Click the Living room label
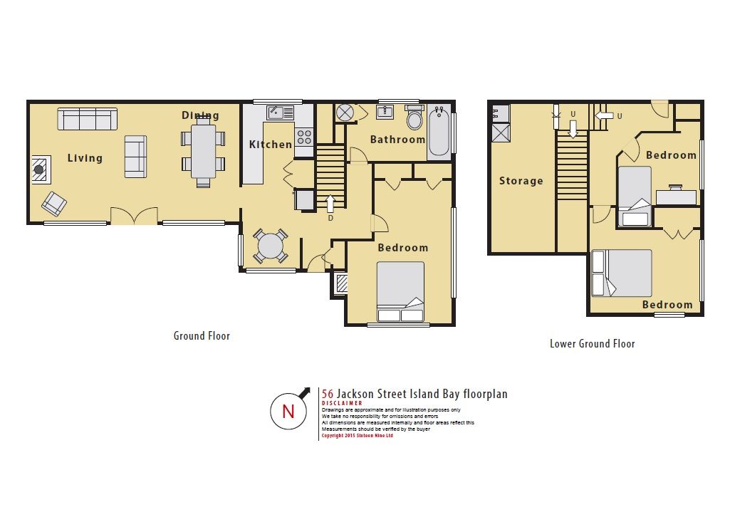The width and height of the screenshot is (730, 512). [85, 158]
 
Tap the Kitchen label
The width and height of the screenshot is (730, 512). [271, 145]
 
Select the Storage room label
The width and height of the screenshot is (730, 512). [521, 181]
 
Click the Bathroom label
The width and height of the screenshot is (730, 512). [397, 139]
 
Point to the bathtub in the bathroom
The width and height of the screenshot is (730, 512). [439, 131]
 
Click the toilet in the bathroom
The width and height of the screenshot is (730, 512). [414, 117]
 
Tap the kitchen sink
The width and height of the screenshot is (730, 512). [281, 113]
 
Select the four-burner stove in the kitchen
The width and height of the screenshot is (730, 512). [305, 137]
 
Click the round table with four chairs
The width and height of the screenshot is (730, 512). [271, 245]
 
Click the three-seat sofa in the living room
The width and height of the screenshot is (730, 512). [88, 119]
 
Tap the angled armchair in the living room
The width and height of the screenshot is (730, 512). [54, 204]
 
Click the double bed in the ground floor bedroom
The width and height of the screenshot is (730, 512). [400, 291]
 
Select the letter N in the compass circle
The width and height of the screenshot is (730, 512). [288, 412]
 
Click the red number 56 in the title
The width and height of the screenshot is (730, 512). [328, 395]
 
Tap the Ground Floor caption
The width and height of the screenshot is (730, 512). [202, 336]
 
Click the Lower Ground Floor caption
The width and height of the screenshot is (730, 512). [593, 344]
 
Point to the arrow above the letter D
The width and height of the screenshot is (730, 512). [330, 204]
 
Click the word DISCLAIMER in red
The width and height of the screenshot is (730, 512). [342, 403]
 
